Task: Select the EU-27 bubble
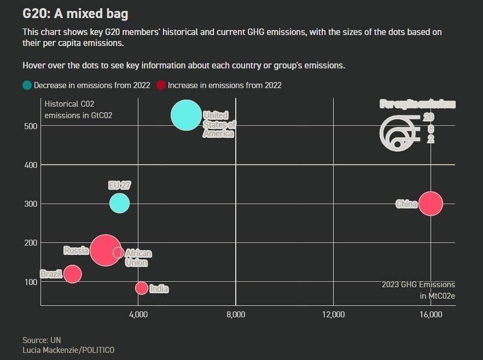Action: tap(119, 204)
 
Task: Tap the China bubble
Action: tap(431, 204)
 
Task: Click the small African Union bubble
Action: tap(119, 253)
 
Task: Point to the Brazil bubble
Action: tap(72, 274)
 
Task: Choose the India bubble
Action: tap(142, 288)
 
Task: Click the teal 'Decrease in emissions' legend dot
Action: tap(27, 85)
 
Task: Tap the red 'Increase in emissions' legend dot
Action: tap(161, 85)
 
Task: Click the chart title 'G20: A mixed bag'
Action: tap(75, 13)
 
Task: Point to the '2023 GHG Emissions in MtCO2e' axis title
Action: tap(418, 290)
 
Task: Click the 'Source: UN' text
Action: tap(42, 340)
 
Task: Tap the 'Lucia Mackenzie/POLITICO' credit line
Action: tap(68, 350)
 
